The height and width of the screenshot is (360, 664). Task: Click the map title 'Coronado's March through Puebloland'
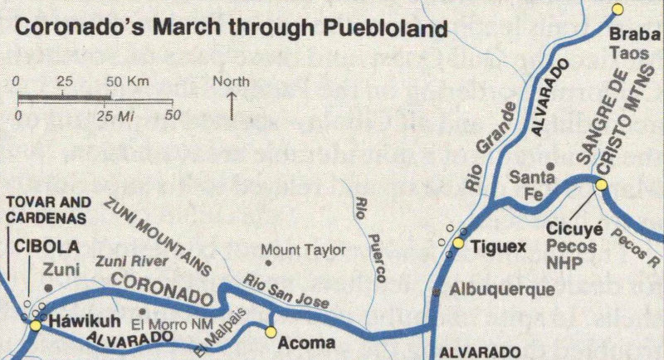point(232,28)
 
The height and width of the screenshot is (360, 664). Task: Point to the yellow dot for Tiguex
point(457,243)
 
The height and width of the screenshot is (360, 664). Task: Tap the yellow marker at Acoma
point(270,332)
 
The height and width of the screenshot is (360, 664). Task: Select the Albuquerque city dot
point(437,291)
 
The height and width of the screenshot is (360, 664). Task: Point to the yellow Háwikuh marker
point(35,326)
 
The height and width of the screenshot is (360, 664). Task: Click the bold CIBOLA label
point(46,246)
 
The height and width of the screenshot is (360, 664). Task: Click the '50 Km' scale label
point(127,81)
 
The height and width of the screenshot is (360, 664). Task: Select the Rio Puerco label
point(369,241)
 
